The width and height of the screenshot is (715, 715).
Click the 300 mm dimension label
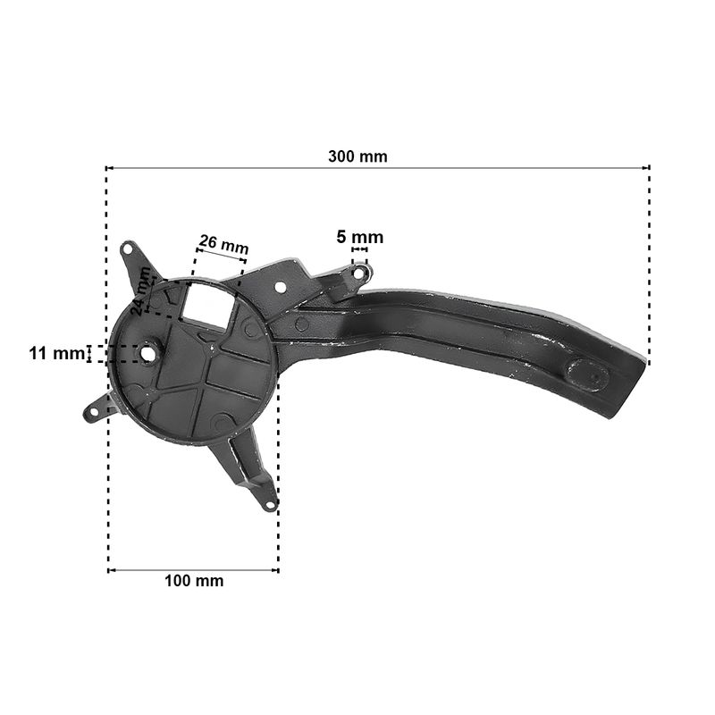357,156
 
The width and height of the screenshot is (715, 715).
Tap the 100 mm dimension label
194,581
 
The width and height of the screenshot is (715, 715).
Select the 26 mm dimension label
224,244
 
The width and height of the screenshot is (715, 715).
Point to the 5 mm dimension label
360,237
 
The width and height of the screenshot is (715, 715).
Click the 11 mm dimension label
57,353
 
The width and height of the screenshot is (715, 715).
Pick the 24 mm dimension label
141,291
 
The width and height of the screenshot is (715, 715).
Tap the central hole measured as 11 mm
147,353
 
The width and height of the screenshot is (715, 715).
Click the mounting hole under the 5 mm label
359,273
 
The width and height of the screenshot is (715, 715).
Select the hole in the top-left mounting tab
128,249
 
